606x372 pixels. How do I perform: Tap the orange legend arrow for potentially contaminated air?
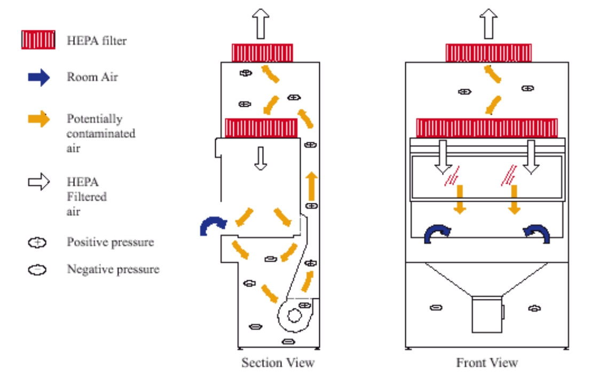coord(38,120)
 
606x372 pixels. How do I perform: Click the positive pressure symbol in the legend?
coord(37,243)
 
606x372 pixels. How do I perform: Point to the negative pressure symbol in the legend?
coord(37,270)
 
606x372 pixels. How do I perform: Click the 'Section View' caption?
coord(278,363)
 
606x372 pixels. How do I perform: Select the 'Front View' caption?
coord(487,363)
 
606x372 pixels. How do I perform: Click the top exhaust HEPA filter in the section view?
coord(262,52)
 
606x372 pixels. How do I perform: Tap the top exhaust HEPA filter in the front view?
coord(488,53)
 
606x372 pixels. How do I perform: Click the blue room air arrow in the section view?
coord(212,224)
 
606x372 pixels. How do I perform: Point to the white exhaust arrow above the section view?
coord(262,24)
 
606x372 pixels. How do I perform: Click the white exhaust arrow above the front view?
coord(487,24)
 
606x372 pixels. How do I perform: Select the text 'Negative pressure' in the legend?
coord(113,270)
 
